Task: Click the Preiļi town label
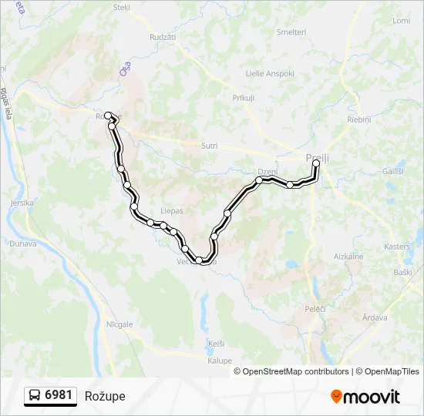[318, 157]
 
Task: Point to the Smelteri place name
[291, 32]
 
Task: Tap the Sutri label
[209, 146]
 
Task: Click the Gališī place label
[392, 170]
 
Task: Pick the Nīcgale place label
[119, 325]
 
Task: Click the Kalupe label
[220, 360]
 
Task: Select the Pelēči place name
[315, 308]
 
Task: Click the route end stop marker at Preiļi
[316, 163]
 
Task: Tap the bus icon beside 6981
[35, 395]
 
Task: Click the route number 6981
[59, 395]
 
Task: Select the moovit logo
[365, 396]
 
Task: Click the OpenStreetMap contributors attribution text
[296, 371]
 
